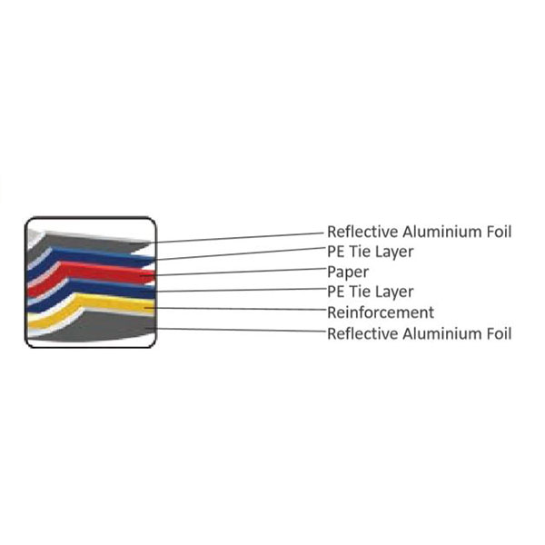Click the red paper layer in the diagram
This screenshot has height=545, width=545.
(x=100, y=271)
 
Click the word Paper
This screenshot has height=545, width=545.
(x=348, y=272)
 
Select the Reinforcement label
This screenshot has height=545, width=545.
(x=381, y=312)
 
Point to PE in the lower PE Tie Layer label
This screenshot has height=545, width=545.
(x=336, y=292)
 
